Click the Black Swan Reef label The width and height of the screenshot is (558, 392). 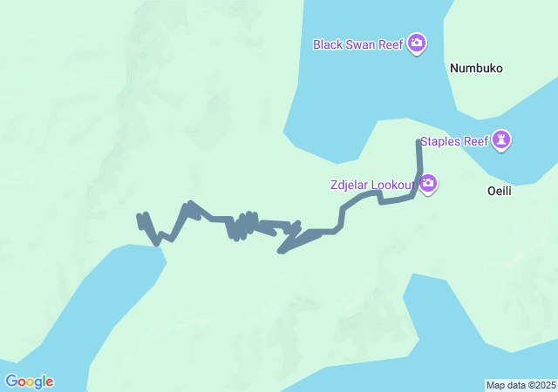pos(358,43)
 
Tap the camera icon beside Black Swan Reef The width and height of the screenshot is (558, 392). pos(417,43)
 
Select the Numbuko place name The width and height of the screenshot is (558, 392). pos(476,68)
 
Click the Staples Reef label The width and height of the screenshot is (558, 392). pos(454,141)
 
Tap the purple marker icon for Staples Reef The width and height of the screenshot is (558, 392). pos(501,139)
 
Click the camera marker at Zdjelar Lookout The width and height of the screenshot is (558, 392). pos(428,184)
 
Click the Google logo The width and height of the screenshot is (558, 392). pos(29,382)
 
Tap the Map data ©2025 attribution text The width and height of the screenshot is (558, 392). pos(521,385)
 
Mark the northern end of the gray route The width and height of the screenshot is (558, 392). pos(419,142)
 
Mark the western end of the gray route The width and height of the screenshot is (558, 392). pos(139,216)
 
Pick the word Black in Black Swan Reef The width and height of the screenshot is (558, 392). pos(329,43)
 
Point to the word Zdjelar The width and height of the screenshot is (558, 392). pos(349,185)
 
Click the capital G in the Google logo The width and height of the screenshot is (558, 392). pos(11,382)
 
